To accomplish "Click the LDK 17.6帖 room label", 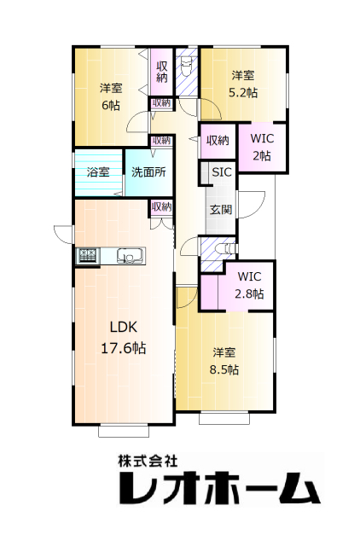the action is [x=124, y=338].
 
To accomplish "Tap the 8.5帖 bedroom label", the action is [x=224, y=361].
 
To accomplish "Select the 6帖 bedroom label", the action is [x=111, y=96].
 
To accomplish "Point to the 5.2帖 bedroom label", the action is [x=243, y=84].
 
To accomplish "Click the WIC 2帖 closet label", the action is [x=262, y=147].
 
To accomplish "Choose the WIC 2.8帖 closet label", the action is [x=249, y=285].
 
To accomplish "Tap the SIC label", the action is [x=222, y=172].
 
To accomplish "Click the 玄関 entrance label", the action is [x=221, y=210].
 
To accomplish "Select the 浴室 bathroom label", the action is [x=98, y=171].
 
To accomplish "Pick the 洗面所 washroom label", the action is [x=148, y=172].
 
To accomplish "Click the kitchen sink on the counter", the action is [x=131, y=256].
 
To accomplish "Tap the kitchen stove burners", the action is [x=89, y=256].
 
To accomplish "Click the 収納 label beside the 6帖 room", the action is [x=161, y=72].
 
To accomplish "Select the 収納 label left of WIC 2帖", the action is [x=218, y=141].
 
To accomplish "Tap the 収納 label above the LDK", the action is [x=162, y=206].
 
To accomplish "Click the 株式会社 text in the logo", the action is [x=148, y=462].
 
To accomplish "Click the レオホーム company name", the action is [x=219, y=488].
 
